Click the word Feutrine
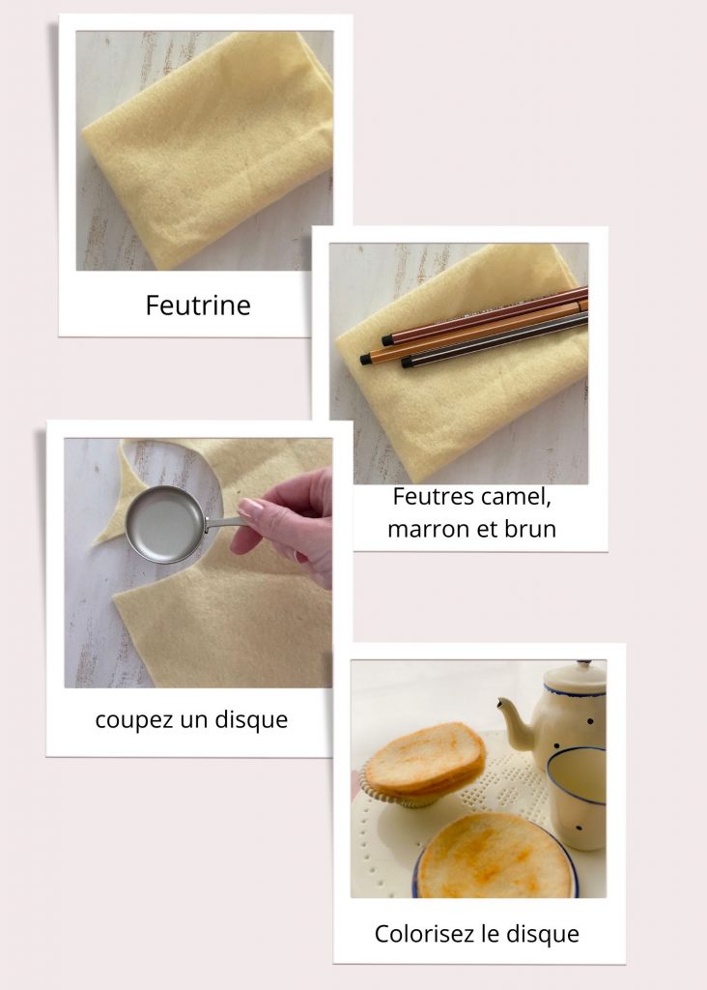coord(198,305)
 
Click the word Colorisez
coord(423,934)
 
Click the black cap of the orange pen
coord(366,359)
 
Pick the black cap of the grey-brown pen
coord(407,363)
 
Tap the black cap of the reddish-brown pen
coord(388,341)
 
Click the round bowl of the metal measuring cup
coord(164,524)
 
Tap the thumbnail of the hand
coord(250,505)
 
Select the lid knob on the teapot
coord(584,663)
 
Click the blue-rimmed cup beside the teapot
coord(577,798)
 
